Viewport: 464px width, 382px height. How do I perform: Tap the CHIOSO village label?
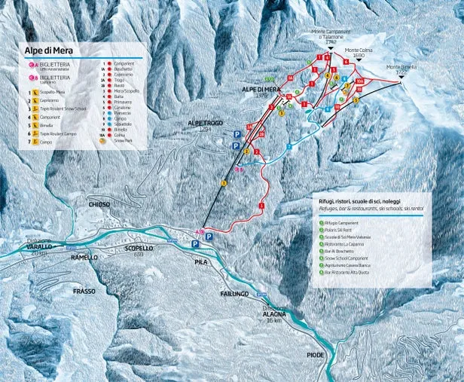99,204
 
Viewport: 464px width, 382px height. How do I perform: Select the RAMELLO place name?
84,258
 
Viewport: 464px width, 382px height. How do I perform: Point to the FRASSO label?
84,290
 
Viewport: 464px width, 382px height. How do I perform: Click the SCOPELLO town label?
139,248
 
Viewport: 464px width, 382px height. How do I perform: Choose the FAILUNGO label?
234,294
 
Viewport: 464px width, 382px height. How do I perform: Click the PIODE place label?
316,354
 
